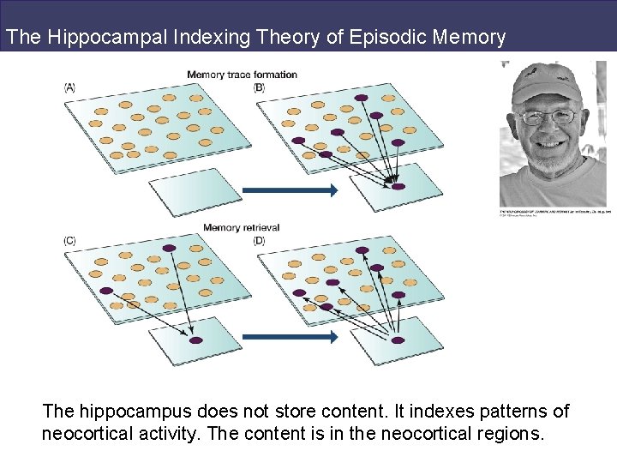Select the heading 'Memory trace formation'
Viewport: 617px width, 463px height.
243,75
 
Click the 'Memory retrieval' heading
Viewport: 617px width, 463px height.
242,228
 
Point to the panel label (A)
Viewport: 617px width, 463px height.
70,87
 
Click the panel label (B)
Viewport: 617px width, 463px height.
260,87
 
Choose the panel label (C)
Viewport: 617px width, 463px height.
70,241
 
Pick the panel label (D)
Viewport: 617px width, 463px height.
260,241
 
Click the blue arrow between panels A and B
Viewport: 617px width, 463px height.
290,191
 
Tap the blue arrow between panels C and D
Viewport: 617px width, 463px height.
290,337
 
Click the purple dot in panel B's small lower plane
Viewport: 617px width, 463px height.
398,186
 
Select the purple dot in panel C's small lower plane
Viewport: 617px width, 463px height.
195,340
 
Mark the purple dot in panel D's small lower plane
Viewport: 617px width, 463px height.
398,340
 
